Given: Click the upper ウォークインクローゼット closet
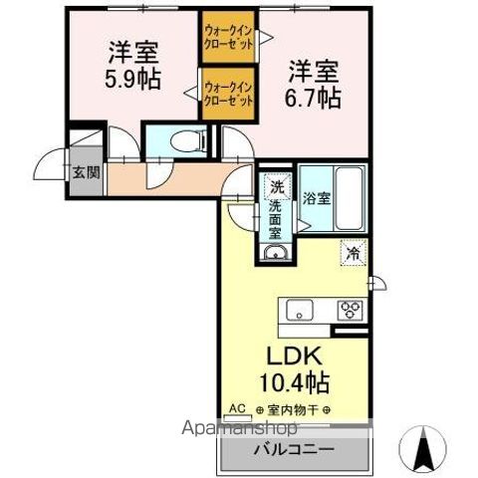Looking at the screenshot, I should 227,36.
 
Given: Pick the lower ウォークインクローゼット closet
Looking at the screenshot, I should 227,94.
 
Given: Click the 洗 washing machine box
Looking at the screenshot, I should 276,185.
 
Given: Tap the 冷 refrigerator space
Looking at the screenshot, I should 353,253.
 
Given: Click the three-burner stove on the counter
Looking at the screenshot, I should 351,308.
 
